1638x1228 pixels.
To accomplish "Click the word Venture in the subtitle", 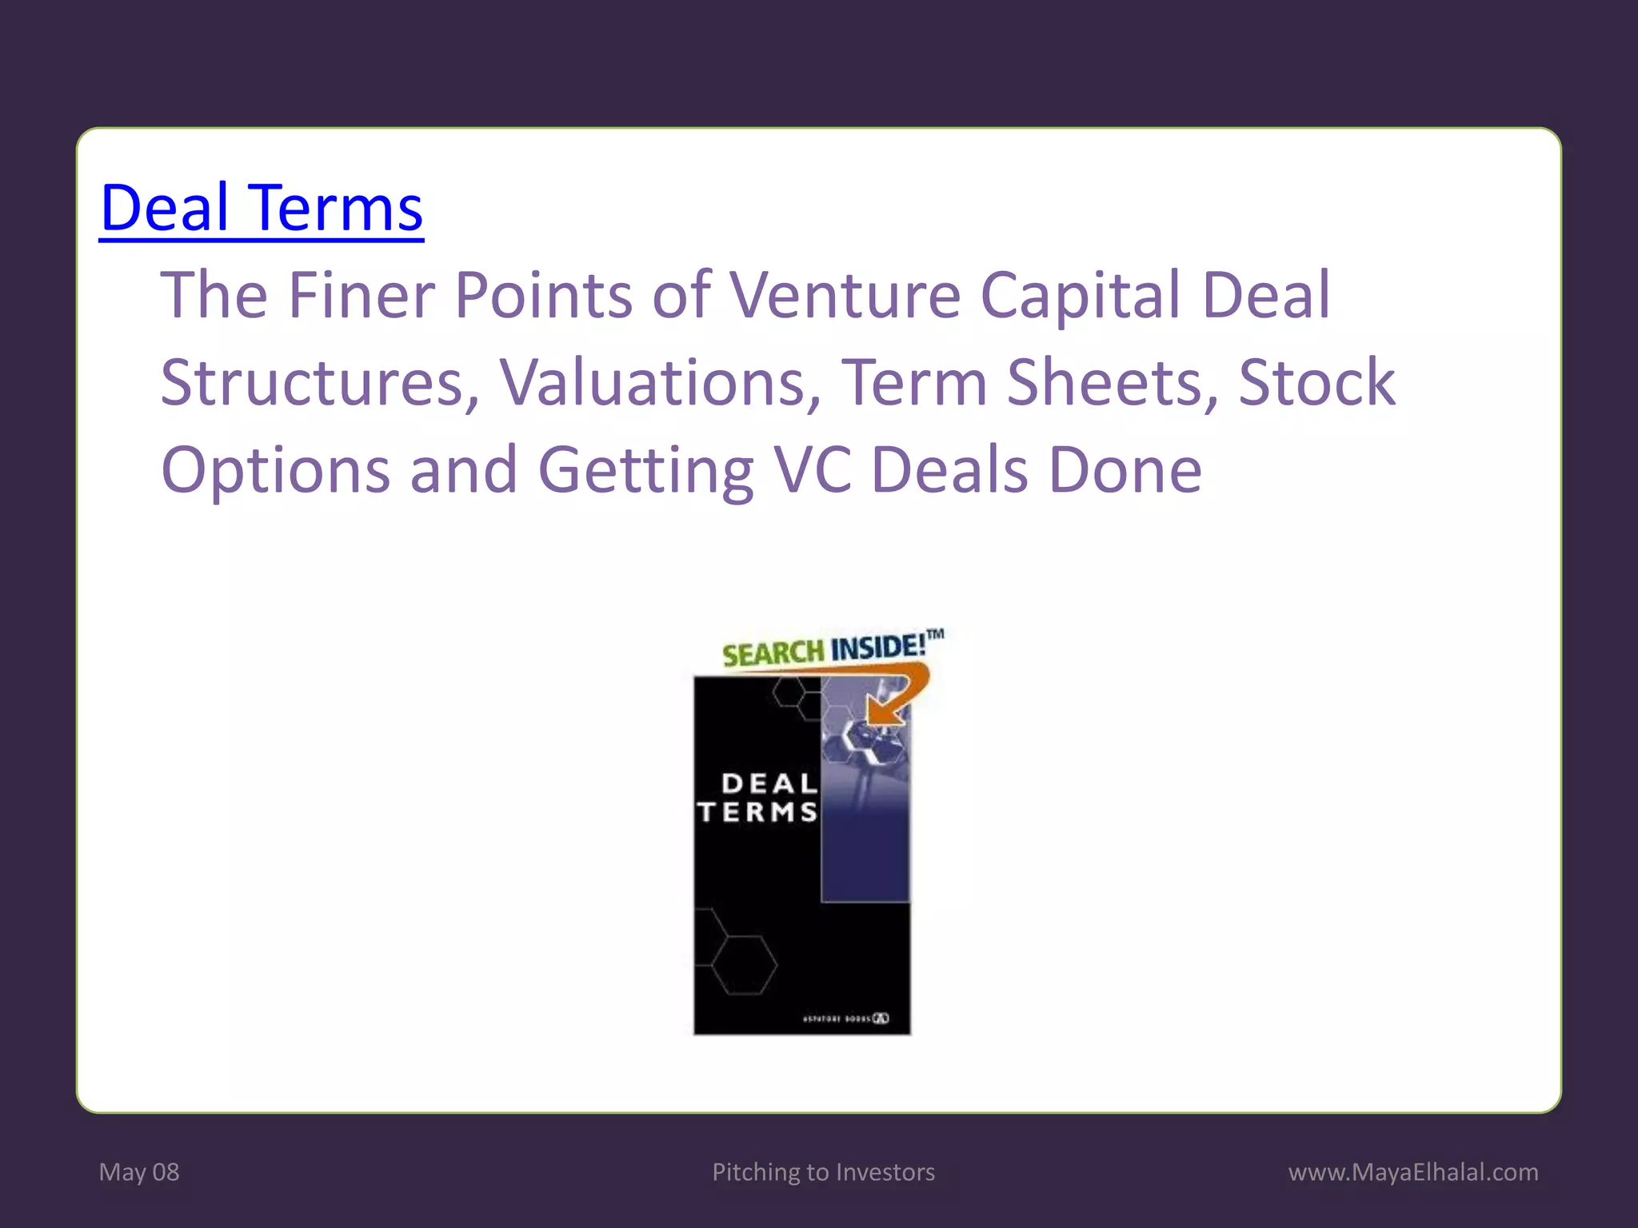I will coord(845,295).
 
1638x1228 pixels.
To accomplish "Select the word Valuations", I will coord(660,382).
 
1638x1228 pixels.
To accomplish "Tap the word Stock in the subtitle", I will coord(1316,382).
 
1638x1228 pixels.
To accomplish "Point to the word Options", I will coord(275,470).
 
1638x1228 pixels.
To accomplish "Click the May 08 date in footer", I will coord(139,1172).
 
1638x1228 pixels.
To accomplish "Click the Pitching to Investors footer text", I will coord(823,1172).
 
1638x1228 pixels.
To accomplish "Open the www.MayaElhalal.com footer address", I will coord(1413,1172).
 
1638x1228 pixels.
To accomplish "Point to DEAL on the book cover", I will coord(769,783).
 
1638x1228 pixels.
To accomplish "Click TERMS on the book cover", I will coord(757,812).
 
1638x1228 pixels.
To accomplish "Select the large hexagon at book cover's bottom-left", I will coord(745,965).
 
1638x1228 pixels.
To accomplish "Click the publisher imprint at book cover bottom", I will coord(845,1019).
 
